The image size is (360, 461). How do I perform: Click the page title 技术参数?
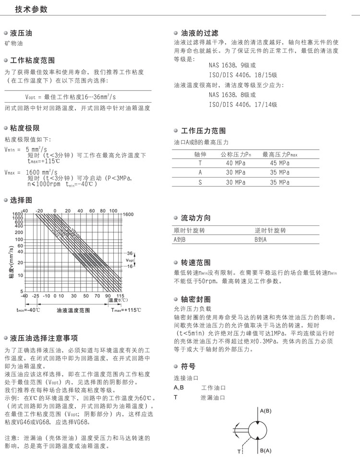tap(31, 10)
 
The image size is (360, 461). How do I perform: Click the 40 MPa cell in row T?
tap(236, 164)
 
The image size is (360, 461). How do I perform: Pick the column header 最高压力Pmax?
tap(280, 154)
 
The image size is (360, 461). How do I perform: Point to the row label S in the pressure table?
tap(200, 182)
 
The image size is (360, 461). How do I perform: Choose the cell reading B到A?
tap(261, 239)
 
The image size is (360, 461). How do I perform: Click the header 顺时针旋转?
tap(189, 230)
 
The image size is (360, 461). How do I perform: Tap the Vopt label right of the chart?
tap(130, 260)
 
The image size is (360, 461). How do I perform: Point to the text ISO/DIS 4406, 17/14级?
tap(242, 104)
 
